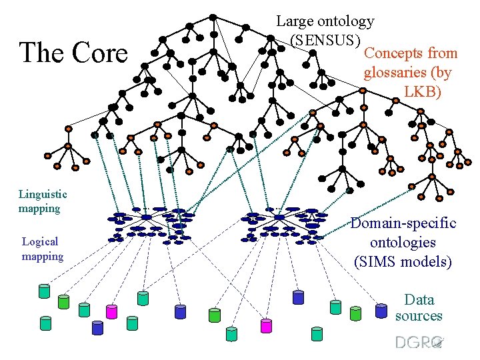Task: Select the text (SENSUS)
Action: (x=325, y=39)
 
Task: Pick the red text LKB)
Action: (x=423, y=91)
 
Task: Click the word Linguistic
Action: (x=43, y=194)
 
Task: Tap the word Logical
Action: (x=40, y=241)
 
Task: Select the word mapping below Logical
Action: (x=43, y=256)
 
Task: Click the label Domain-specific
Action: (x=403, y=223)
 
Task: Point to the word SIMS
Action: (x=379, y=261)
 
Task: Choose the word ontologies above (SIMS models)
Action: (x=403, y=242)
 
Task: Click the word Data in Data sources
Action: (x=419, y=299)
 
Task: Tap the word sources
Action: (x=418, y=315)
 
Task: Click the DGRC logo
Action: (x=419, y=342)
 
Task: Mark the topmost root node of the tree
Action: (x=212, y=17)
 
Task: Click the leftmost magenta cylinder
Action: (x=111, y=311)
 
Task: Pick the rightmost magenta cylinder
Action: (x=266, y=326)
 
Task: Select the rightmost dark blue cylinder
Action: (x=381, y=310)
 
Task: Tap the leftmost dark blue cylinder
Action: (x=97, y=327)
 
